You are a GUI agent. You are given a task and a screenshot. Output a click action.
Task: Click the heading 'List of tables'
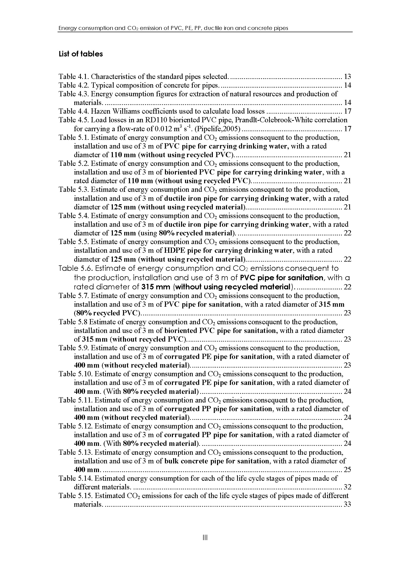[81, 54]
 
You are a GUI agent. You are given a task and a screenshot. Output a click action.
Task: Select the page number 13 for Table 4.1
[347, 76]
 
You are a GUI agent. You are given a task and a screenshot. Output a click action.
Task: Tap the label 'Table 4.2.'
[74, 85]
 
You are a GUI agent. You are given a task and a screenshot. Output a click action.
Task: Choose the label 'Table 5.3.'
[74, 190]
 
